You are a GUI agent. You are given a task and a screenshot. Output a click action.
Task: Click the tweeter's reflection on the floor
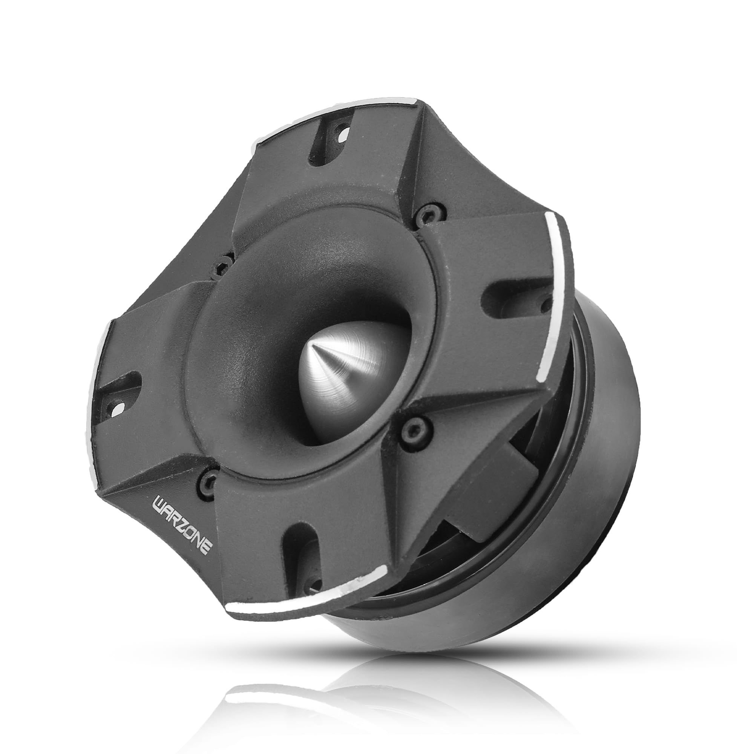point(351,683)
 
